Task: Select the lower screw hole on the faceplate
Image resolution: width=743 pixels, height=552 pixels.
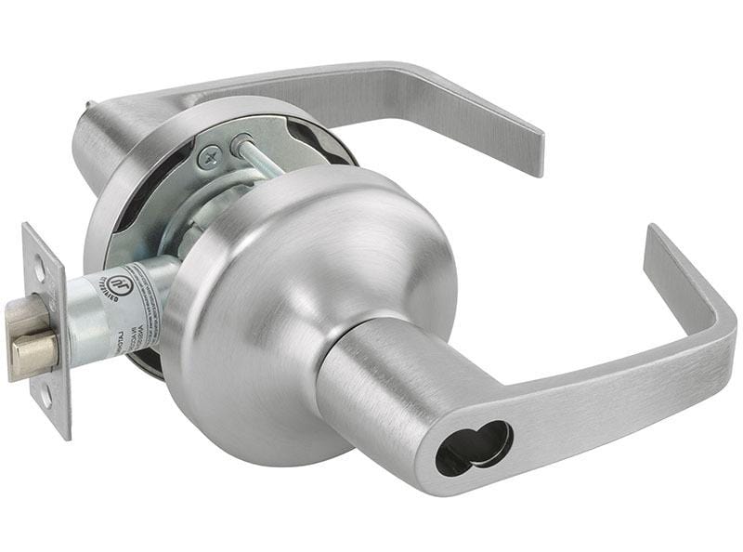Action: click(46, 395)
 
